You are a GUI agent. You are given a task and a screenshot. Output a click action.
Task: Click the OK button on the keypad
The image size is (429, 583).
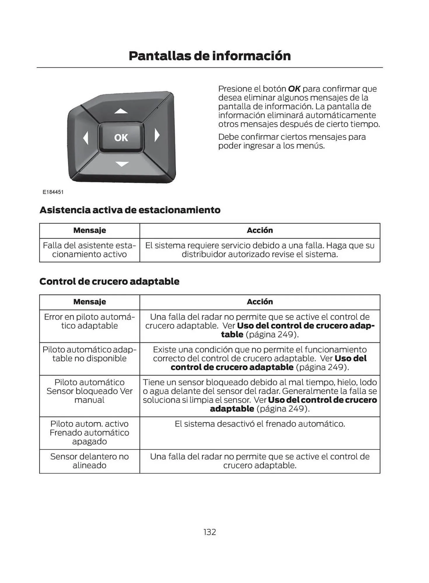(x=121, y=138)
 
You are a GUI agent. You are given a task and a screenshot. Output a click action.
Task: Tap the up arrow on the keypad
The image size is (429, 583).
(x=121, y=111)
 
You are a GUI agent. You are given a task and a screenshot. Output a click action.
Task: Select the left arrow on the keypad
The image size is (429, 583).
(x=86, y=138)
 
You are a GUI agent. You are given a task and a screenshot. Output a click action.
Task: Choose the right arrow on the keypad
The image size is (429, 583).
(x=157, y=135)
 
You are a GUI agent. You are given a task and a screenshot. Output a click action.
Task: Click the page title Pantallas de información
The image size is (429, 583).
(x=210, y=56)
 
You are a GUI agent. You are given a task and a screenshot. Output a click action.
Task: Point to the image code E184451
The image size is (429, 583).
(x=53, y=192)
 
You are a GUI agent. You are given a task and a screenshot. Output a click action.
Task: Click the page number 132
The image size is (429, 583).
(x=210, y=532)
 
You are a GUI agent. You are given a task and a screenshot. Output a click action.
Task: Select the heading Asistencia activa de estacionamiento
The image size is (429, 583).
(x=130, y=210)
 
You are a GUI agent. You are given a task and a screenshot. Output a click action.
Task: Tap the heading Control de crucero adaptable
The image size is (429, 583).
(x=109, y=281)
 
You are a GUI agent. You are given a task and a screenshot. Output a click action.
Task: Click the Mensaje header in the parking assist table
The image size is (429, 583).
(x=90, y=230)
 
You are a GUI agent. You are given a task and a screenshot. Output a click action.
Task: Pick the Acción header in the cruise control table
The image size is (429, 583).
(x=260, y=302)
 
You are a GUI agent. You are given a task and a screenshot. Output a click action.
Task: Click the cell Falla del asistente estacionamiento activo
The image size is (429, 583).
(x=90, y=250)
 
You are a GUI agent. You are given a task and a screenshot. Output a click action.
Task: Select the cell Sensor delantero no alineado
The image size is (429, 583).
(x=90, y=461)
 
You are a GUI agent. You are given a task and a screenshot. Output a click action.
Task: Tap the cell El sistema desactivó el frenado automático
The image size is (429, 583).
(x=260, y=424)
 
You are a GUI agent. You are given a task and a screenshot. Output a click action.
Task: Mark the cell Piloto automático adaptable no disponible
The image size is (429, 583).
(x=90, y=354)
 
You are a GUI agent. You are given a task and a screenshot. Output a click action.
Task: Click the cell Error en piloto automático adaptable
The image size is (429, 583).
(x=90, y=321)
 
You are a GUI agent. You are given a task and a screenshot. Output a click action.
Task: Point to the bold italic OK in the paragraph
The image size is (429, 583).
(x=294, y=89)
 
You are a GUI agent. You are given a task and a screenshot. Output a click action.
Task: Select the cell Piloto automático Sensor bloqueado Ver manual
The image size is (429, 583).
(x=90, y=391)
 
